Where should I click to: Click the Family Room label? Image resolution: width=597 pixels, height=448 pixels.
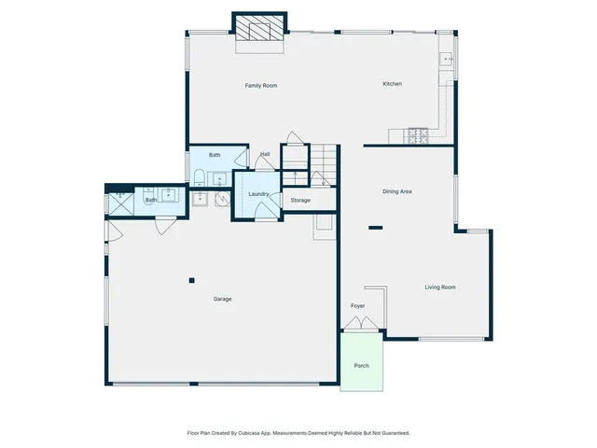coord(261,86)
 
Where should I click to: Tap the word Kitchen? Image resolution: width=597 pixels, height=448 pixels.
coord(393,85)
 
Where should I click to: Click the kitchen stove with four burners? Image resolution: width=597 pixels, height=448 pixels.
coord(416,136)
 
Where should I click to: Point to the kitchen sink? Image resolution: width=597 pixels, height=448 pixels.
coord(448,60)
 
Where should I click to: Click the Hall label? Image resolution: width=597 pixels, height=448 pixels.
coord(265,155)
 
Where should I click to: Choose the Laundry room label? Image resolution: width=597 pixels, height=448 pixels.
coord(258,194)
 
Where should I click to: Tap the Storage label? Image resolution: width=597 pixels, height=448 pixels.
coord(299,201)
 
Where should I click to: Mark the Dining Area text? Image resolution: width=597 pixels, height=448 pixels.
coord(397,191)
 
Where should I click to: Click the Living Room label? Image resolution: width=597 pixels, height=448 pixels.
coord(440,287)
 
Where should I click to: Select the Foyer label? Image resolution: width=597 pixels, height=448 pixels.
coord(357,306)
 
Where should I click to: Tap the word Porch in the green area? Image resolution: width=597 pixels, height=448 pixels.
coord(361,365)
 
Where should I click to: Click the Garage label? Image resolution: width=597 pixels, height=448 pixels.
coord(222,300)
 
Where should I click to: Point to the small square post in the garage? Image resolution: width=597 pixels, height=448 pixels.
coord(191,279)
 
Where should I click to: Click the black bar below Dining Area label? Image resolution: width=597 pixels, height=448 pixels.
coord(376,227)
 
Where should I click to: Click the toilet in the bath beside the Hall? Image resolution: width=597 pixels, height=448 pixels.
coord(200,177)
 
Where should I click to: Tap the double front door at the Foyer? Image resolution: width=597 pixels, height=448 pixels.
coord(361,324)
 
